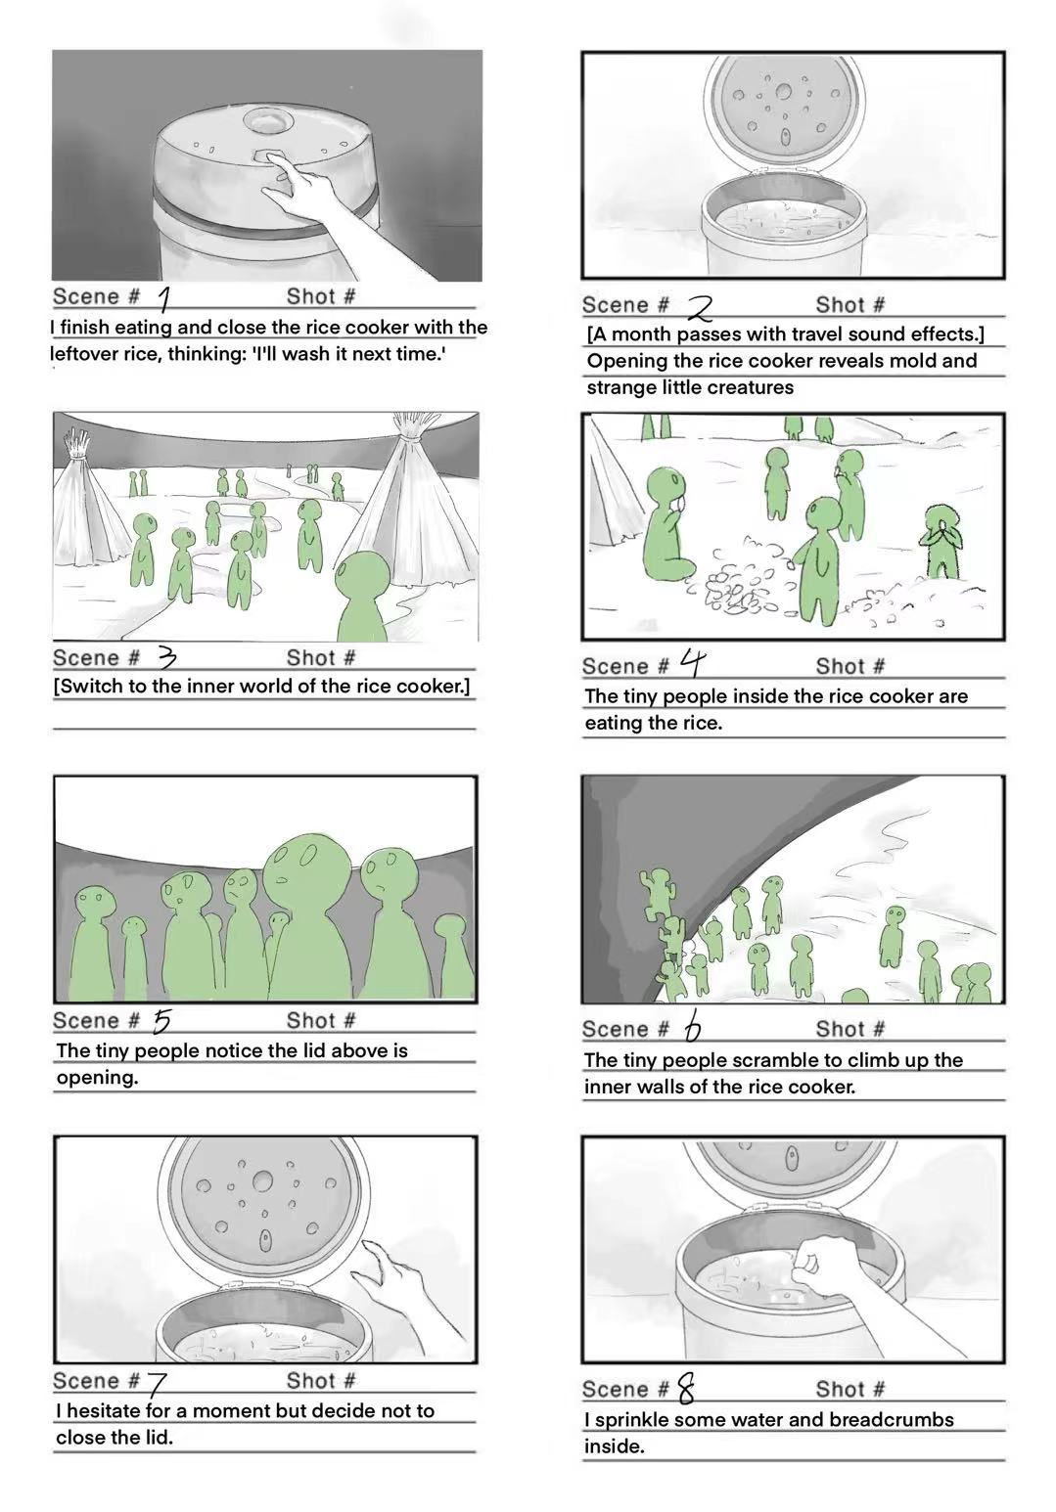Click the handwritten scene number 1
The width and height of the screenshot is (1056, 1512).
[163, 297]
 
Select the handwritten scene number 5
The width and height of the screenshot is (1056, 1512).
[162, 1021]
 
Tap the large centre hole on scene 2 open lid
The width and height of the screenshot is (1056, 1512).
[784, 92]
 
